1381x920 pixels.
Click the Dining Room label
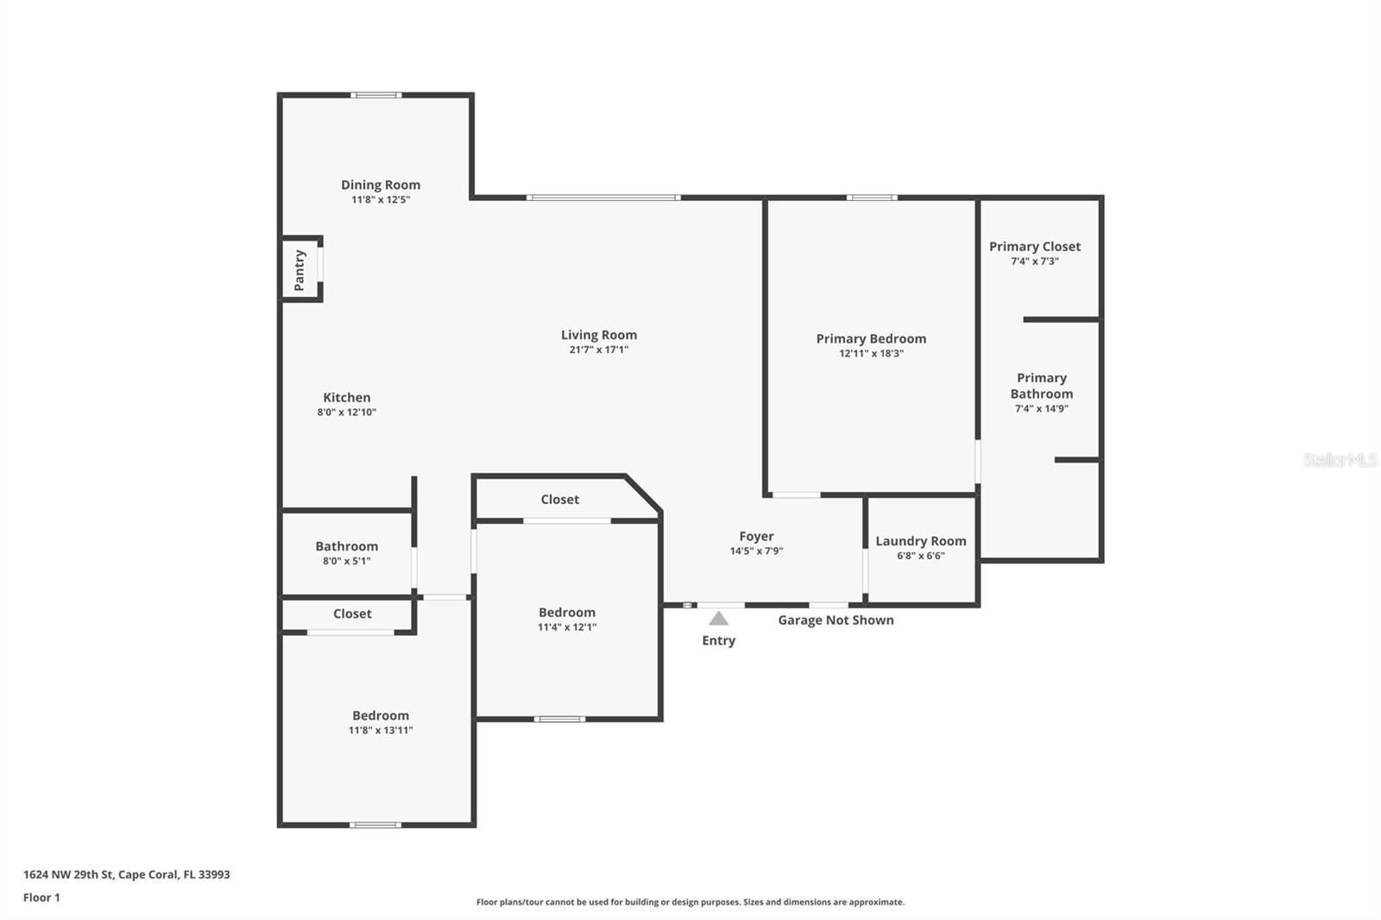pos(381,185)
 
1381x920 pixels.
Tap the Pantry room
pos(300,269)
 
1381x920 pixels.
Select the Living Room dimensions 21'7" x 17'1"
pos(598,350)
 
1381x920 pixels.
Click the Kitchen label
pos(347,398)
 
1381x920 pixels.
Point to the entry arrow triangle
pos(718,619)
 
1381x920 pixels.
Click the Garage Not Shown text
pos(836,620)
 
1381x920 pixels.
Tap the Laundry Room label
pos(920,541)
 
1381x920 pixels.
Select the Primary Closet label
pos(1034,247)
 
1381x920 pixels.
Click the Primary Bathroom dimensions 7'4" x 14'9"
pos(1041,409)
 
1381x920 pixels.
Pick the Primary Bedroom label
pos(871,339)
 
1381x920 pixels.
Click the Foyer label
pos(756,537)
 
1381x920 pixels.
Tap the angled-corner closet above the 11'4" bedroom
pos(559,500)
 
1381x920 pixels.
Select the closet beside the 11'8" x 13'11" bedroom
pos(352,614)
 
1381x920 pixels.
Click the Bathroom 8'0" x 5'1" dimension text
pos(346,561)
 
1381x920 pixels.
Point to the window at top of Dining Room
pos(375,95)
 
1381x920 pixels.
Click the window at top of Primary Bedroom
pos(871,198)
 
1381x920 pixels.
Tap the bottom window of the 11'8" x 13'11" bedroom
pos(375,825)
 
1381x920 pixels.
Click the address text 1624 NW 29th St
pos(126,874)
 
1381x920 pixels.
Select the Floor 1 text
pos(41,898)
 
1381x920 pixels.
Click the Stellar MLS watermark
pos(1340,460)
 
